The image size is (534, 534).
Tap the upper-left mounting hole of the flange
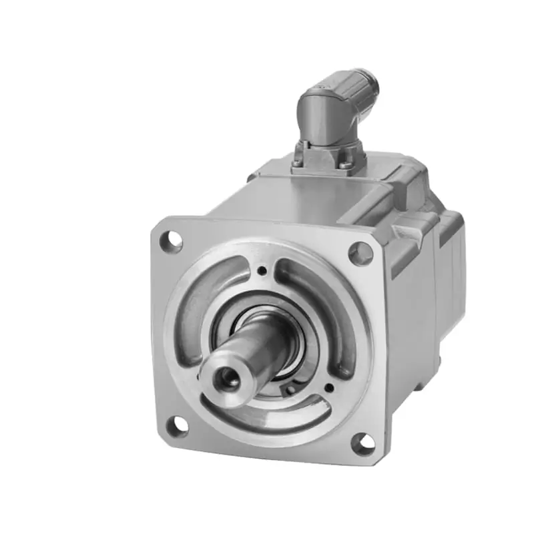[172, 240]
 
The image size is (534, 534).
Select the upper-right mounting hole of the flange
[360, 254]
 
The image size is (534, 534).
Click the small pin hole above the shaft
[262, 271]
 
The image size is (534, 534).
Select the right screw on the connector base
[344, 165]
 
